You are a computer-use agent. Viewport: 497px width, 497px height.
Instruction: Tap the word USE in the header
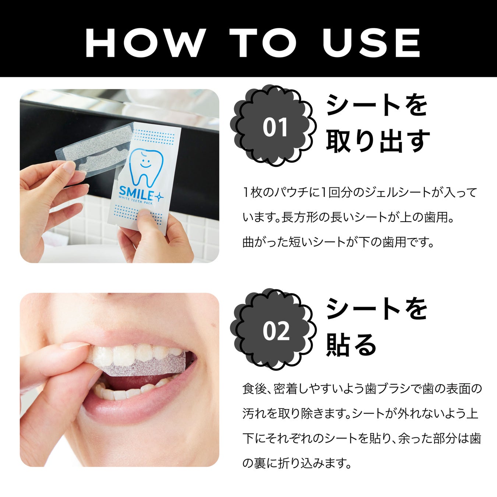tap(371, 43)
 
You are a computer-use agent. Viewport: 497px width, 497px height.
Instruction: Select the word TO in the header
tap(263, 43)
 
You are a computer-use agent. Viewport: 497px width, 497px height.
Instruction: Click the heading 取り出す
tap(378, 141)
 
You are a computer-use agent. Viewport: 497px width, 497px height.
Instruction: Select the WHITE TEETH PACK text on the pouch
tap(136, 200)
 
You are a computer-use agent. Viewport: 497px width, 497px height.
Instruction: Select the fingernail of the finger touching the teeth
tap(75, 345)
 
